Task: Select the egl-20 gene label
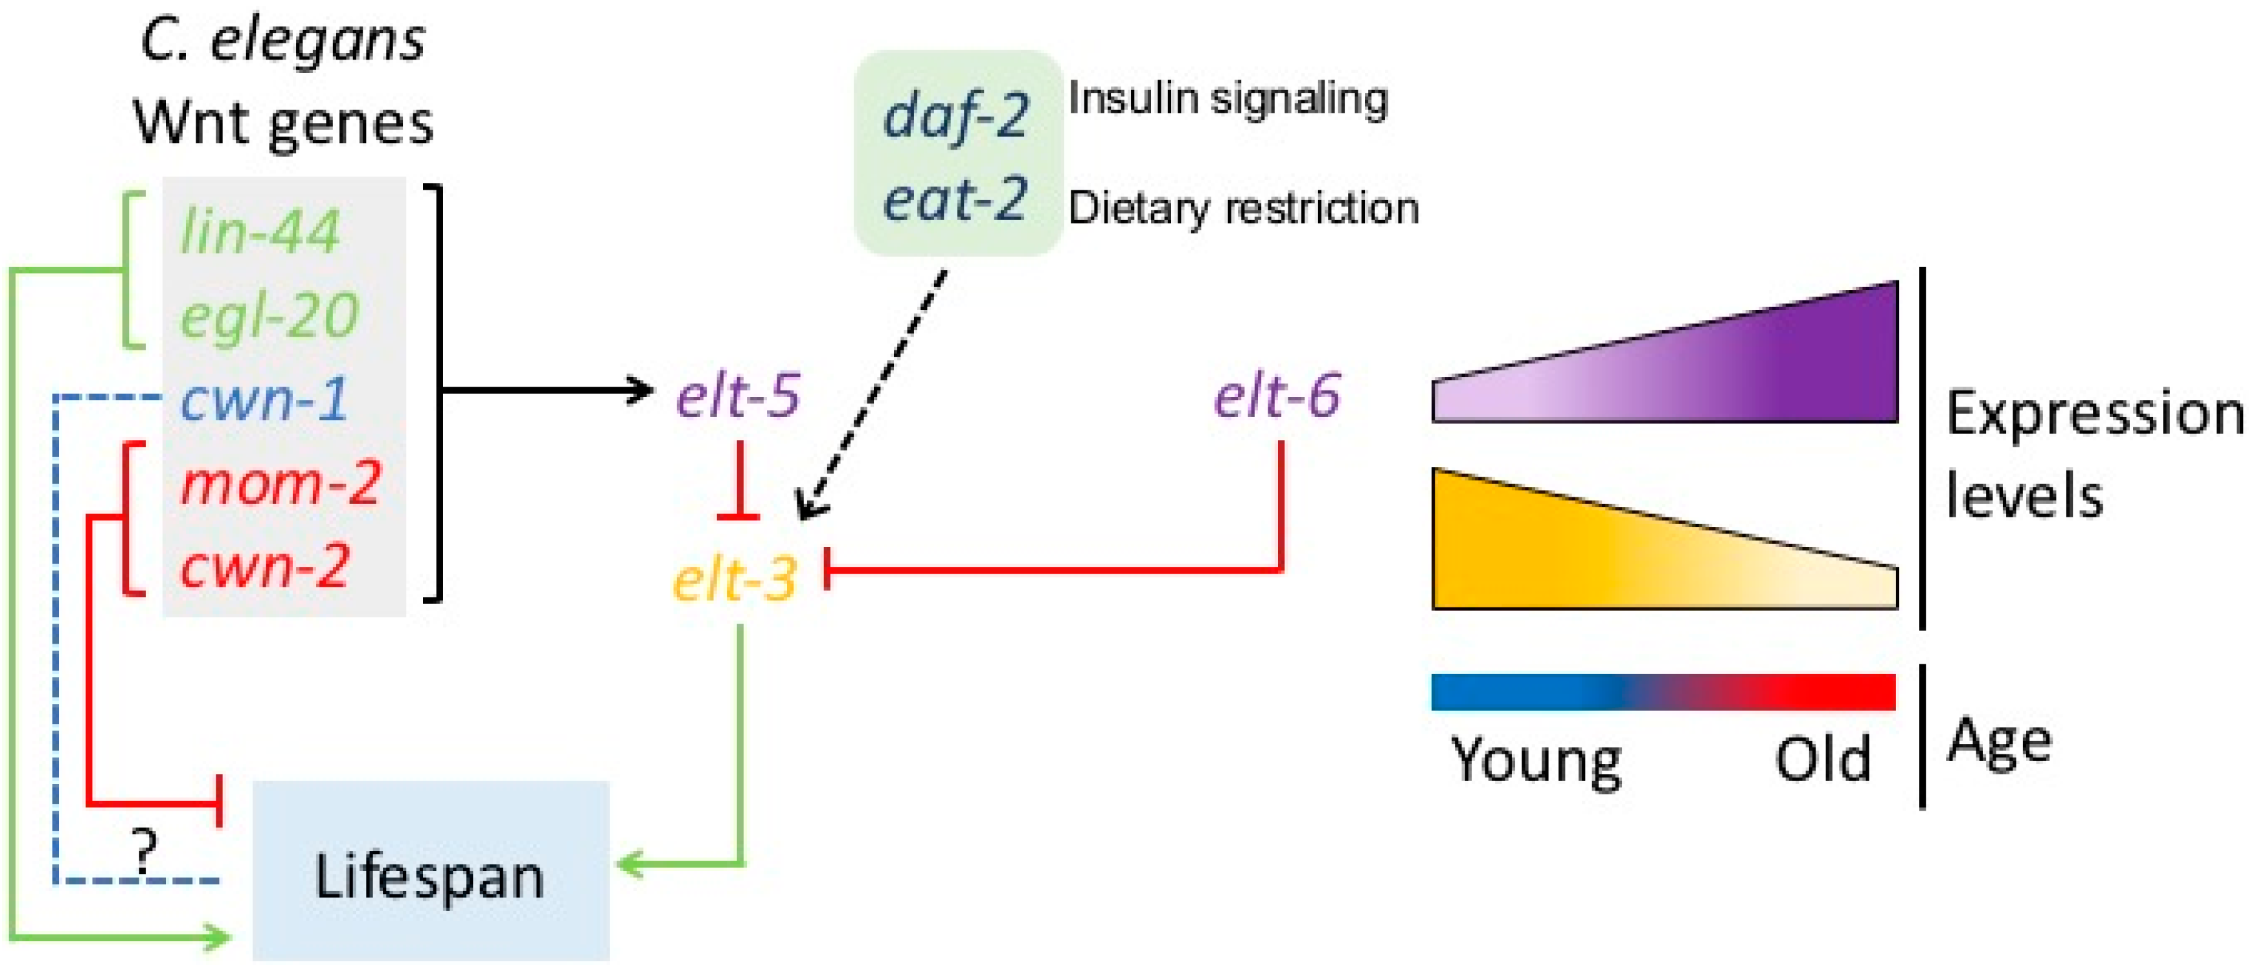(269, 316)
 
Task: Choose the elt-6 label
(1277, 396)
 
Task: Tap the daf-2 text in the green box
(956, 116)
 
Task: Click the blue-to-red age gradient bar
(1663, 692)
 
